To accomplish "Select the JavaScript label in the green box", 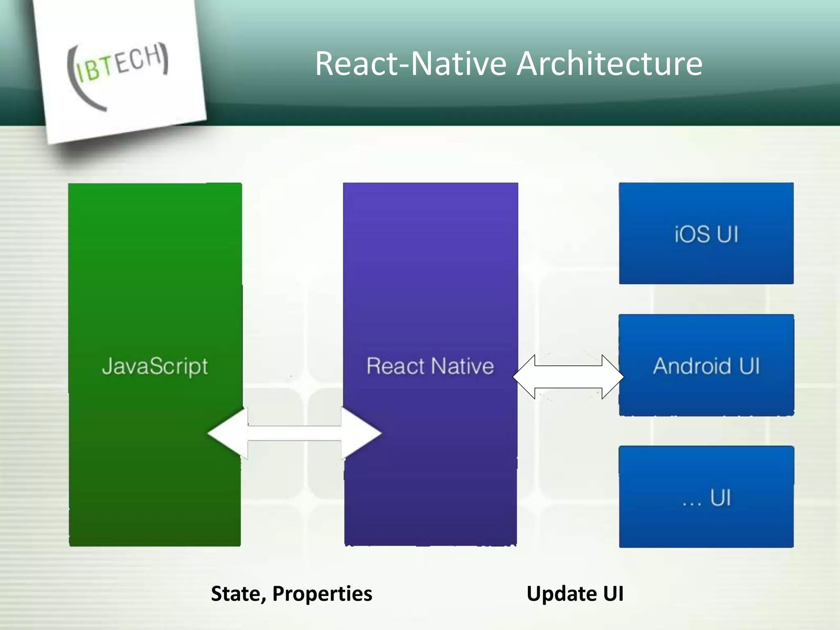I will point(155,366).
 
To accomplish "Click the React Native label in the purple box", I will point(430,366).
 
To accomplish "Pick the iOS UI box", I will point(706,233).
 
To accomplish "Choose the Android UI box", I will point(706,365).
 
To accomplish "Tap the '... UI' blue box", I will point(706,496).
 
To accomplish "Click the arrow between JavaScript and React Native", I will point(294,433).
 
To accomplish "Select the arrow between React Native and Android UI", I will point(568,377).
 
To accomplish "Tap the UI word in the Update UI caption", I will point(613,593).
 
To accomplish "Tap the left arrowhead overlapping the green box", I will point(226,433).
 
